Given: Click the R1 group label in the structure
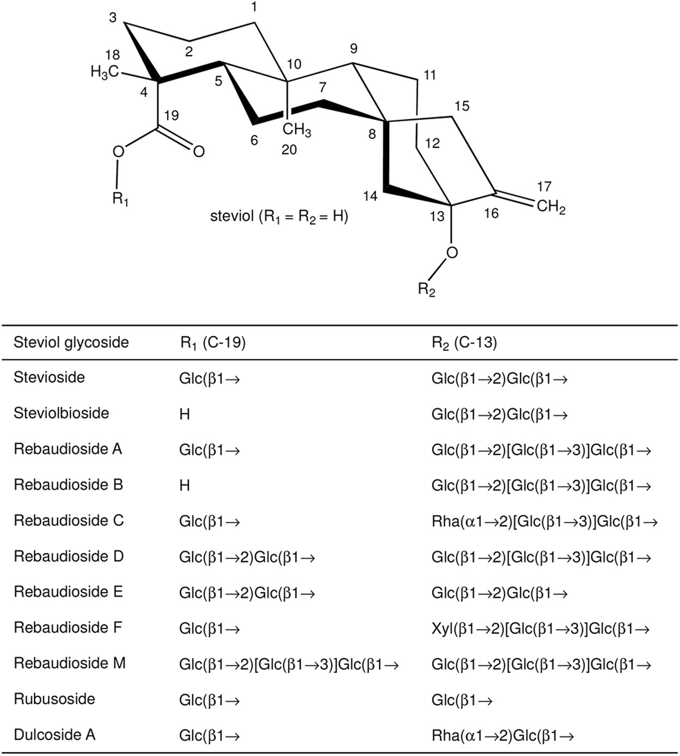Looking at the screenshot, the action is click(120, 199).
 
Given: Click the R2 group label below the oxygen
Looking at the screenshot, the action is click(426, 289).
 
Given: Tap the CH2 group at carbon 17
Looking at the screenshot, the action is click(551, 207).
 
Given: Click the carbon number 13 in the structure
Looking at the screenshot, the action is click(437, 216).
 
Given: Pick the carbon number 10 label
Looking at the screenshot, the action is click(294, 64).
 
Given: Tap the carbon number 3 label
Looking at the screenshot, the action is click(113, 18).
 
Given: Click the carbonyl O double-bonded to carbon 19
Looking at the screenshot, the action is click(199, 152).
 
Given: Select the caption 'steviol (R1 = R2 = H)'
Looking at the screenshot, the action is click(279, 216).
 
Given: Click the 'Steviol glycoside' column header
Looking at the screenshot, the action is click(71, 343).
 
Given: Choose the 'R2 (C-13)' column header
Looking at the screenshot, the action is click(464, 343).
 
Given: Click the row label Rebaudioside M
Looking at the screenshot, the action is click(70, 664).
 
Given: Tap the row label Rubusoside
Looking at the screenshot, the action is click(54, 699).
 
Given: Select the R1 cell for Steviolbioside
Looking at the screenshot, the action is click(184, 414).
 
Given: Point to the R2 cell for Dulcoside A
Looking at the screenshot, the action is click(503, 736).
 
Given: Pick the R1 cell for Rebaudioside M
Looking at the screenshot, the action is click(289, 664).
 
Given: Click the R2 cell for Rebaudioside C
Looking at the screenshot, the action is click(545, 522).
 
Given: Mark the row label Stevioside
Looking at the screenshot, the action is click(50, 377).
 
